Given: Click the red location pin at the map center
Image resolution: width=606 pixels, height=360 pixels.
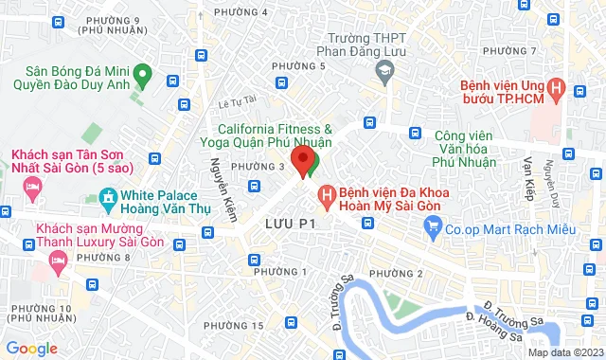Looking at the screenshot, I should click(x=303, y=160).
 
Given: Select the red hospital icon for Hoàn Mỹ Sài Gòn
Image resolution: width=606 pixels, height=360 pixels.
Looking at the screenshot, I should click(x=328, y=196).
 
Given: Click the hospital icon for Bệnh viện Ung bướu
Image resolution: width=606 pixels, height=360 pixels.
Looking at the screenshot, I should click(x=557, y=90).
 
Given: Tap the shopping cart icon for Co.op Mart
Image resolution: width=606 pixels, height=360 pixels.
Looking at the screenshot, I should click(x=434, y=225).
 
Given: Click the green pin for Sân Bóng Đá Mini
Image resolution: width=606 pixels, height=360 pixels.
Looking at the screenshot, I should click(x=142, y=71).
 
